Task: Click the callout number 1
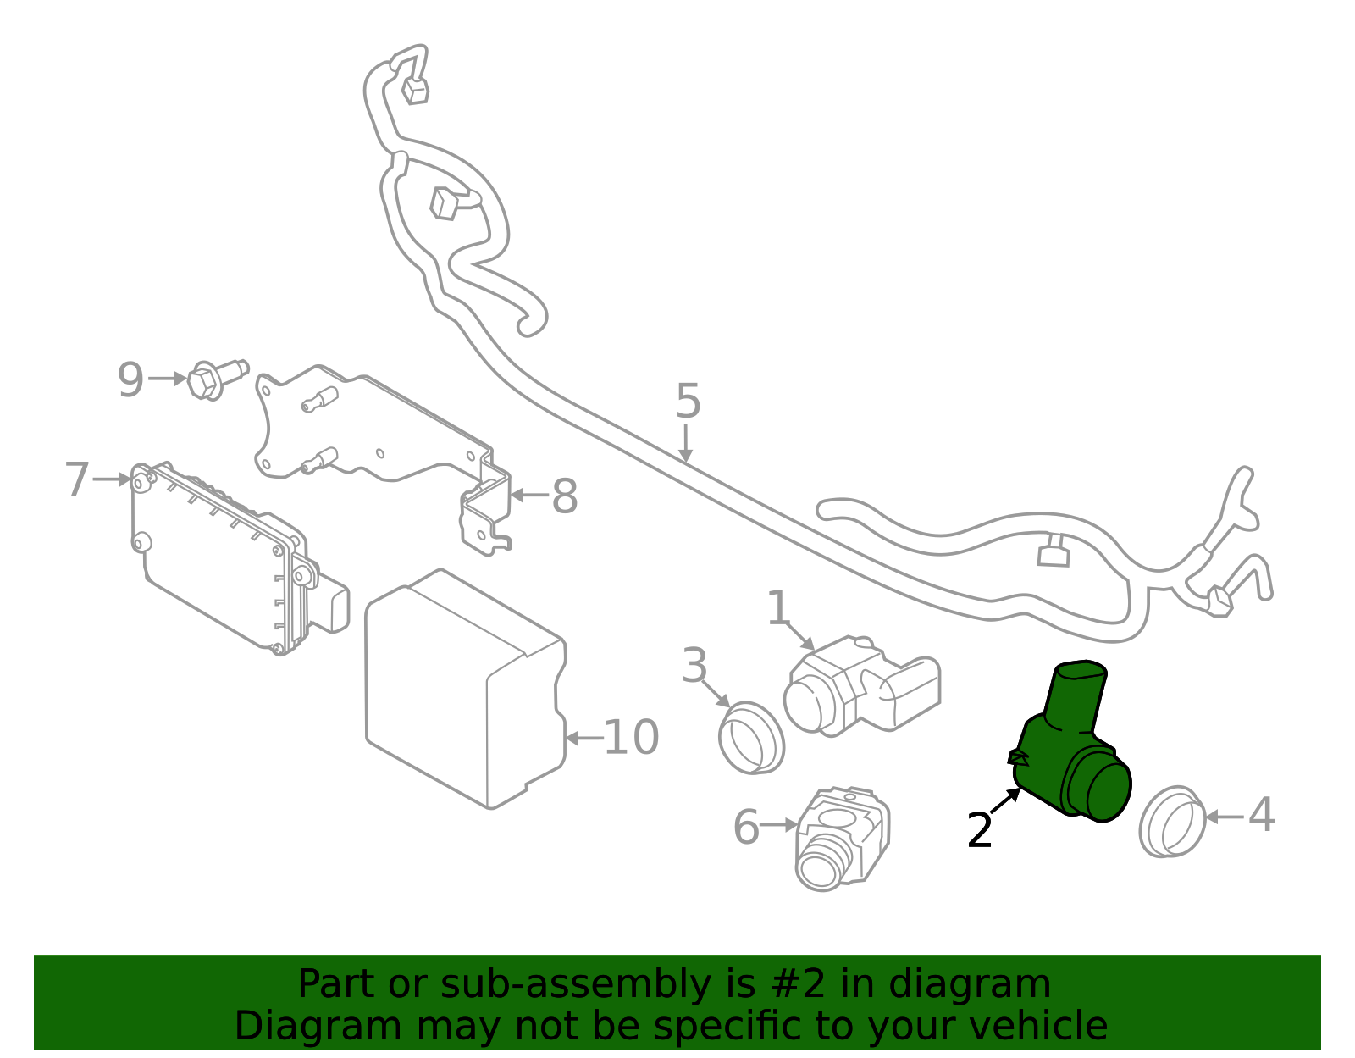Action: tap(777, 609)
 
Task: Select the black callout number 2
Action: tap(980, 830)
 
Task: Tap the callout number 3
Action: tap(694, 666)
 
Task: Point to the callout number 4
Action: tap(1261, 816)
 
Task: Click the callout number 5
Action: tap(688, 401)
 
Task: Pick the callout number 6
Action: tap(746, 828)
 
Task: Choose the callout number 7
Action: tap(77, 480)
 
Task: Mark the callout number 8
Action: tap(565, 496)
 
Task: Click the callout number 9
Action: tap(130, 379)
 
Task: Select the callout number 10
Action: tap(631, 738)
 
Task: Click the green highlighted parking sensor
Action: tap(1071, 745)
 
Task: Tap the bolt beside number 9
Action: tap(213, 378)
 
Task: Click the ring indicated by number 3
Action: tap(751, 737)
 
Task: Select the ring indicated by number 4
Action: tap(1172, 821)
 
